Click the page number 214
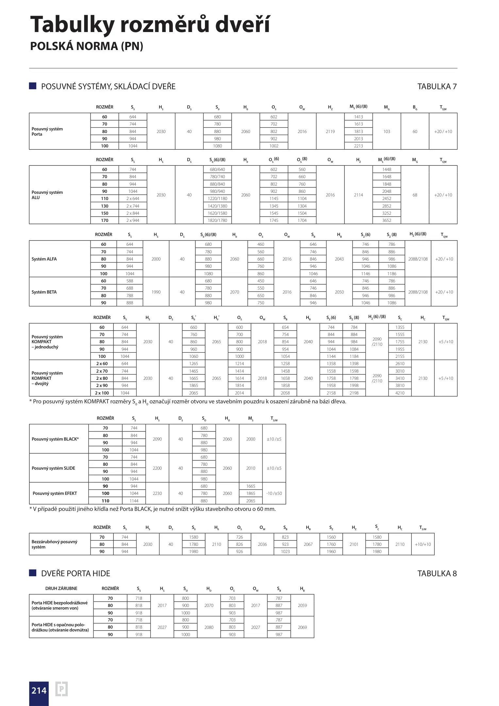[39, 690]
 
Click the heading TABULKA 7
[437, 86]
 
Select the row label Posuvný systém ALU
[47, 195]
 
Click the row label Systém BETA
[44, 292]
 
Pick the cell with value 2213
[358, 146]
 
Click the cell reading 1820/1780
[217, 220]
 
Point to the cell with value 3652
[387, 220]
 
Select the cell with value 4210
[400, 393]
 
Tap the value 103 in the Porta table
[387, 131]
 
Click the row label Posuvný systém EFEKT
[55, 493]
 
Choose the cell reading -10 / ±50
[274, 493]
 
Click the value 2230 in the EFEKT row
[157, 493]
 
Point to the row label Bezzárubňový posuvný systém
[54, 544]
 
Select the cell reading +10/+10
[423, 544]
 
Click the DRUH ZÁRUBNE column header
[61, 588]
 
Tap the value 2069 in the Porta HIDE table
[302, 627]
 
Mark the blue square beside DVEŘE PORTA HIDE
[32, 573]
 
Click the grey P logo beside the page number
[61, 689]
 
